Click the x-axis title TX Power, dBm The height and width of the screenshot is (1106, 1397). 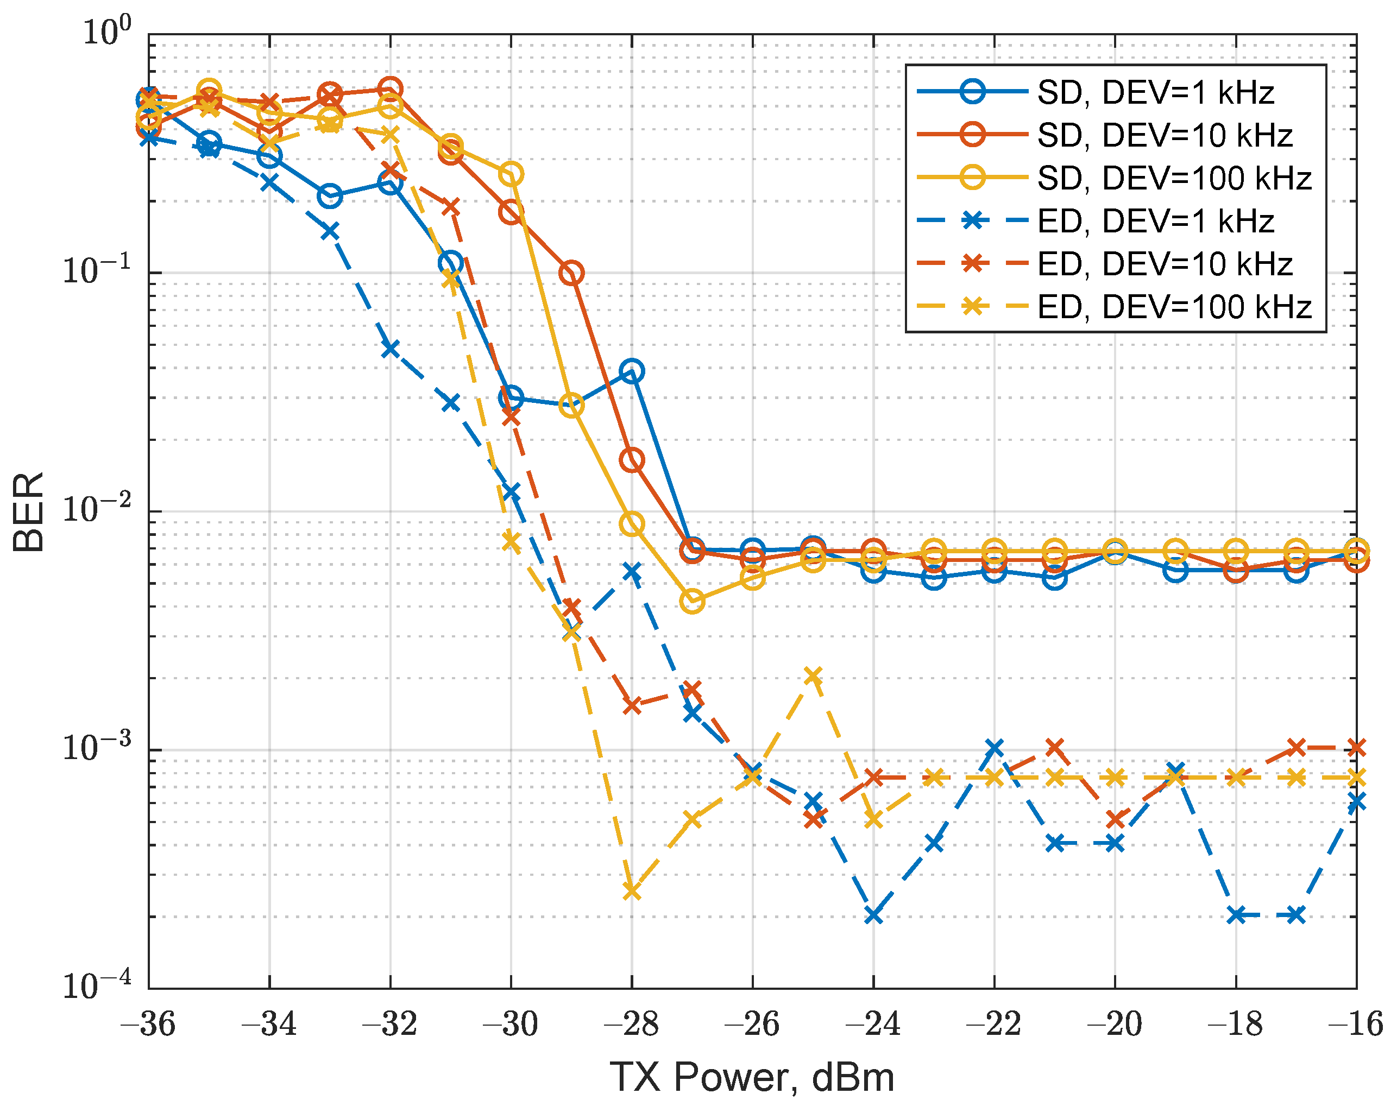[x=752, y=1077]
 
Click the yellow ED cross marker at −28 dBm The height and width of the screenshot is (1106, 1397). [x=632, y=892]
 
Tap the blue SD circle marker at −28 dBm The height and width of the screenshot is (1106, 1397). [x=632, y=371]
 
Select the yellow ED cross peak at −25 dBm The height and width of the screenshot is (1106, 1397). [x=814, y=675]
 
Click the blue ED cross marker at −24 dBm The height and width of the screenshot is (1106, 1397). [x=874, y=915]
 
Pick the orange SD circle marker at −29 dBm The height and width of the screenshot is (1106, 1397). [x=571, y=273]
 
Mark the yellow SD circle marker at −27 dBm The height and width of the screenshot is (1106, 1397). [x=693, y=602]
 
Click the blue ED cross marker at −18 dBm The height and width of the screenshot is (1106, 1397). [x=1236, y=915]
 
